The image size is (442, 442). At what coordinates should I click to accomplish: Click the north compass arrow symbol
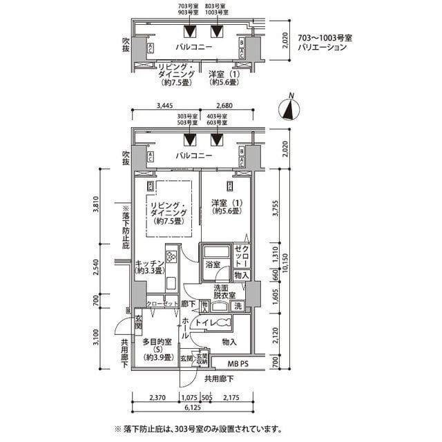tap(291, 109)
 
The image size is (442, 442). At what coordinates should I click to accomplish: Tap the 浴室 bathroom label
tap(212, 265)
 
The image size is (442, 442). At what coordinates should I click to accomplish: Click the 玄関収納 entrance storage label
tap(203, 358)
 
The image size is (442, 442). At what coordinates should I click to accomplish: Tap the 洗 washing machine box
tap(238, 306)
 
